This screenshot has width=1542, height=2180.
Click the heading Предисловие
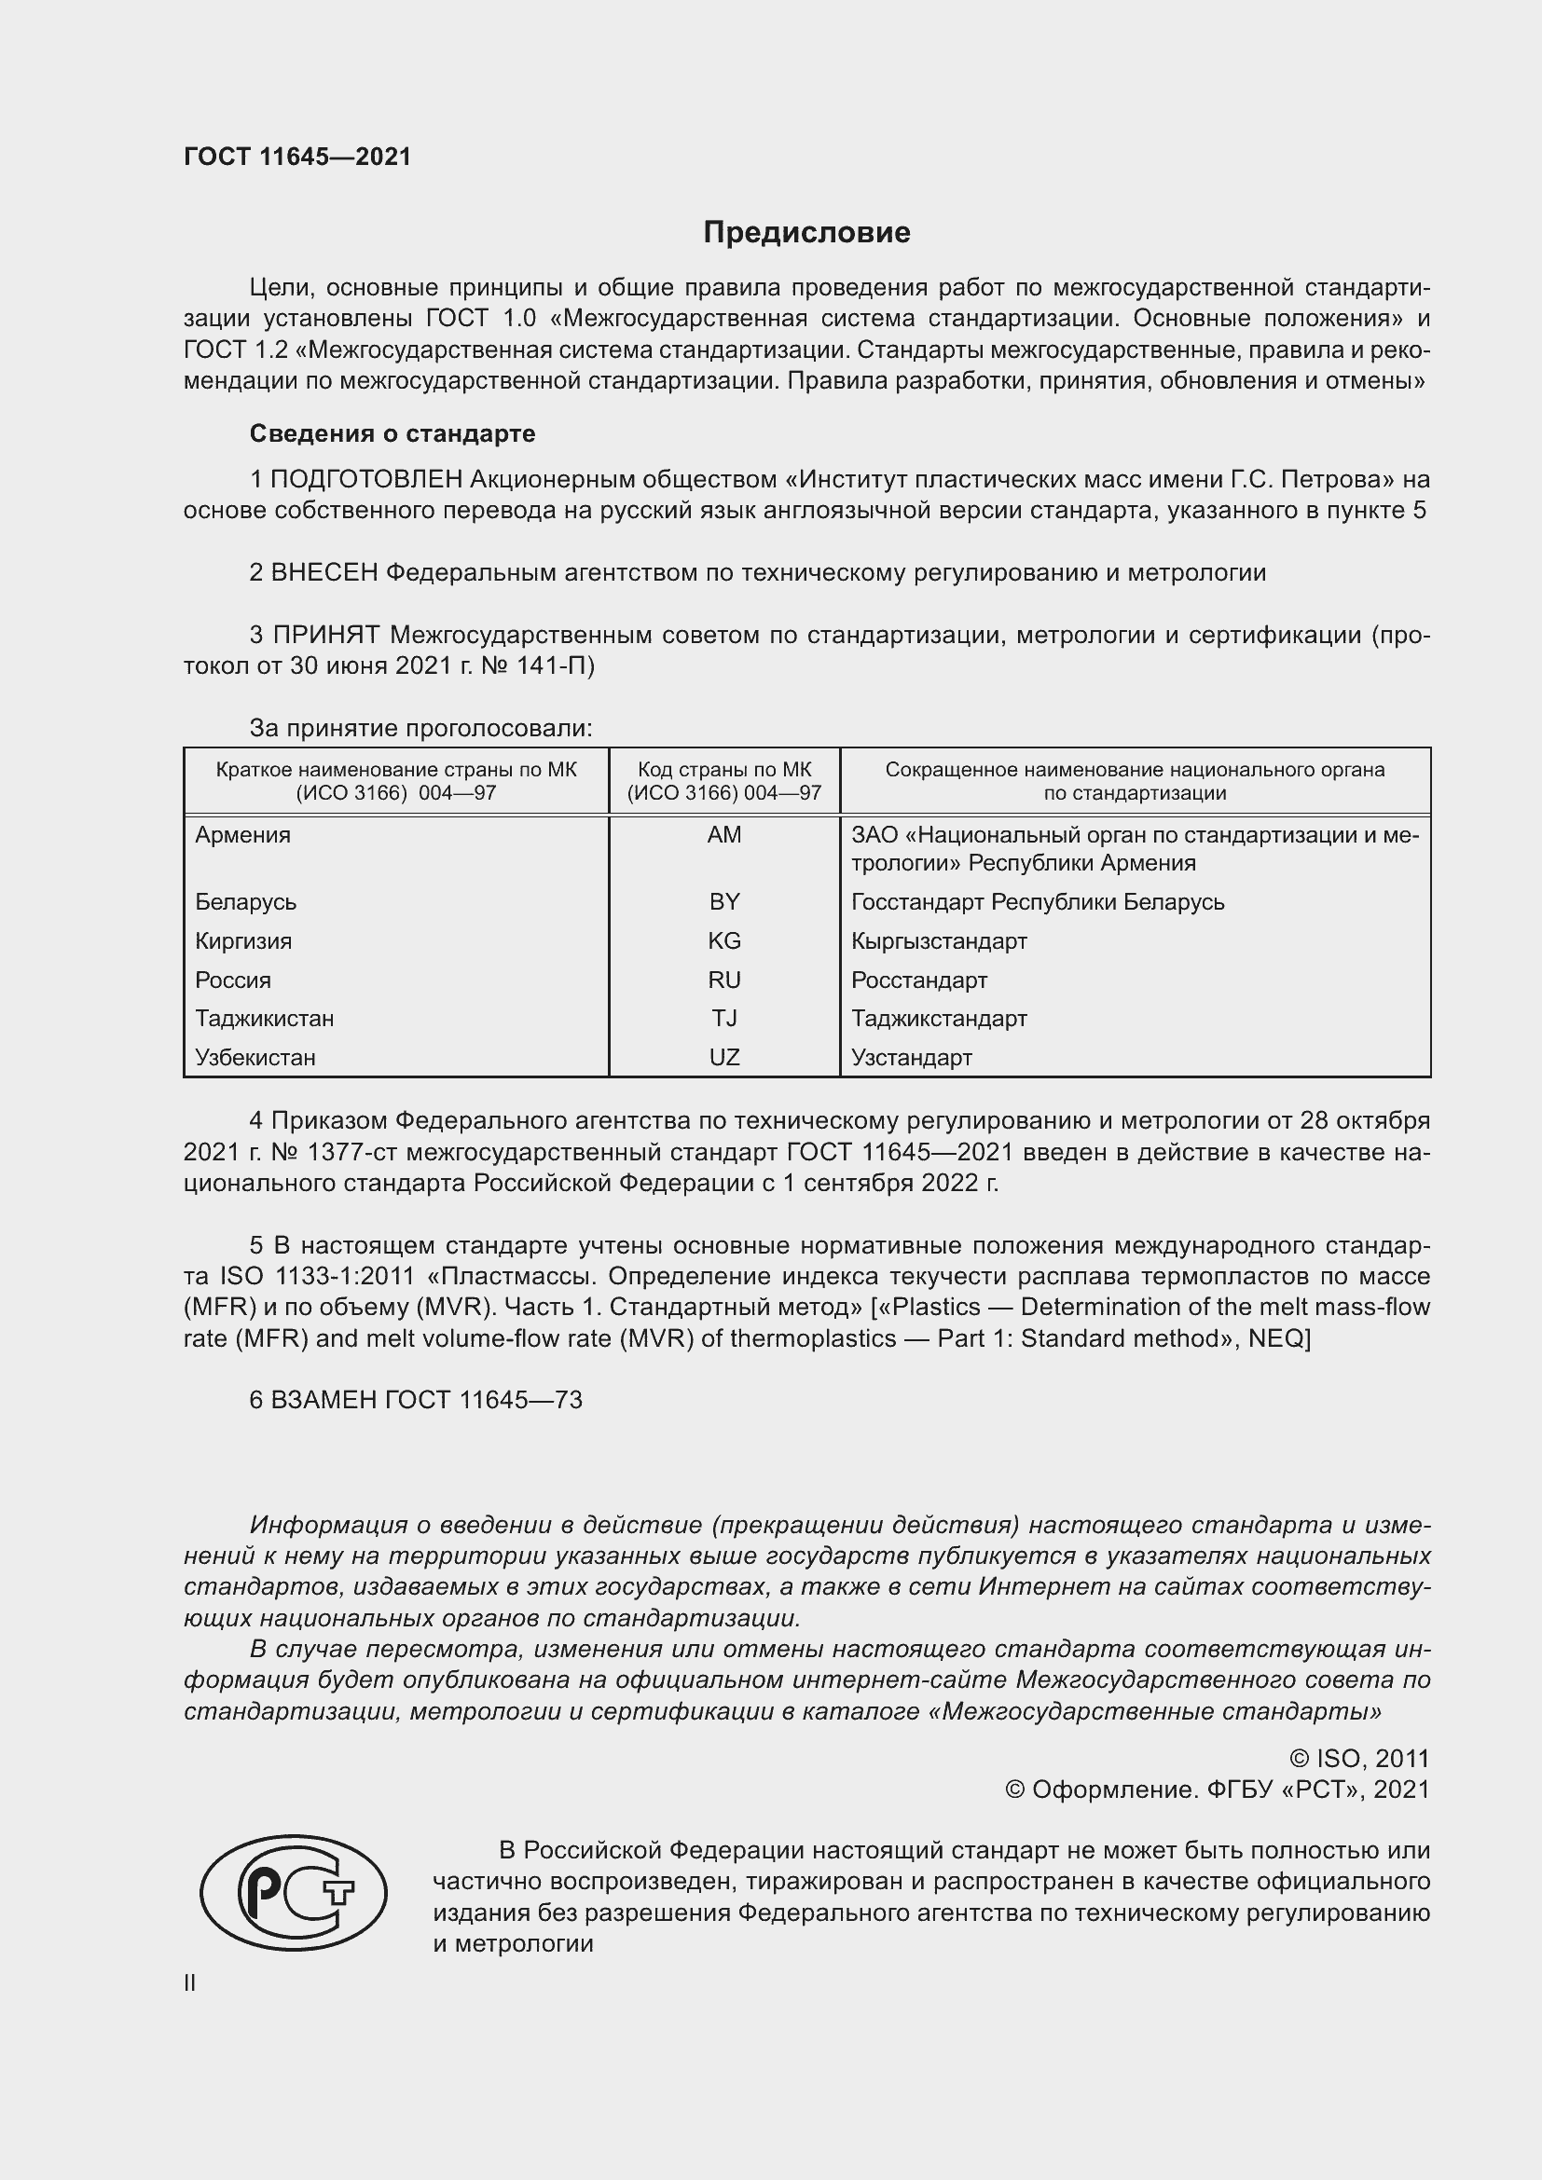[806, 233]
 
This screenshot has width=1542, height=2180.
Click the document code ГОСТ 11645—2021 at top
[297, 158]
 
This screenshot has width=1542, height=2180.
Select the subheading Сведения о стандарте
[392, 434]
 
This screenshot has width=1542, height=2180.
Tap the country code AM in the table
[723, 835]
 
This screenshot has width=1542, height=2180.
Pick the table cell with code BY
[723, 902]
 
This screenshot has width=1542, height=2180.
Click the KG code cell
[723, 941]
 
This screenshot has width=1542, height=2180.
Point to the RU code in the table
[723, 980]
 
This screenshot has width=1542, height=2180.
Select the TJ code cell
[723, 1019]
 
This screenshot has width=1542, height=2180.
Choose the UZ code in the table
[723, 1058]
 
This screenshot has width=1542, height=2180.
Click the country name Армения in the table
[243, 835]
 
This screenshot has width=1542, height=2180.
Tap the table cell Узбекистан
[255, 1058]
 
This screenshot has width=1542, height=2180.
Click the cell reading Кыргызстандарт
[938, 941]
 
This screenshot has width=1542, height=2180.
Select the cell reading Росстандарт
[918, 980]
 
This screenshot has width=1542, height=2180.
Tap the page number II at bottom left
[190, 1982]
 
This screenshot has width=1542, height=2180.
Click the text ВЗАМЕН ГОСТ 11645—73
[425, 1401]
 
